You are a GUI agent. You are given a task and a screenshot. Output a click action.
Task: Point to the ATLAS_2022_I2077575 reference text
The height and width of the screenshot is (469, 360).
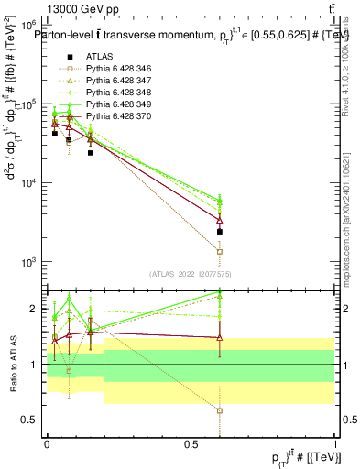pos(191,273)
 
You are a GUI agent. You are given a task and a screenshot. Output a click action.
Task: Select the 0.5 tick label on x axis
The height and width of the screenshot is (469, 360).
pos(191,443)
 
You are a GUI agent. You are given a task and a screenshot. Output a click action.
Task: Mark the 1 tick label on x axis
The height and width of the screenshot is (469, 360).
pos(335,443)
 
